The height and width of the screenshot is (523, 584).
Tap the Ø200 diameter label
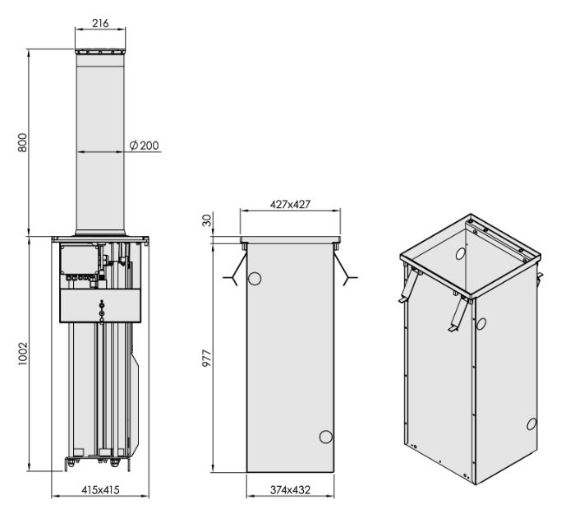tap(145, 146)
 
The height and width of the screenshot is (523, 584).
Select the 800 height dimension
tap(24, 142)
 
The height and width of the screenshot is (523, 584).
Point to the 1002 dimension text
tap(24, 355)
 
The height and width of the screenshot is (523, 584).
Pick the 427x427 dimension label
tap(290, 205)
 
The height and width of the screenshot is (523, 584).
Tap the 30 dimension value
tap(206, 220)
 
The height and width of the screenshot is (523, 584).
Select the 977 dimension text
tap(206, 362)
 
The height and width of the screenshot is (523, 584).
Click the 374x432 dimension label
tap(290, 490)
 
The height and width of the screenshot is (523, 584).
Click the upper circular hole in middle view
tap(255, 279)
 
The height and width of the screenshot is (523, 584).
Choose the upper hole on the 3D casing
tap(482, 324)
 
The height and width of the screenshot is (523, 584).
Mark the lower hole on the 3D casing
tap(531, 424)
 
